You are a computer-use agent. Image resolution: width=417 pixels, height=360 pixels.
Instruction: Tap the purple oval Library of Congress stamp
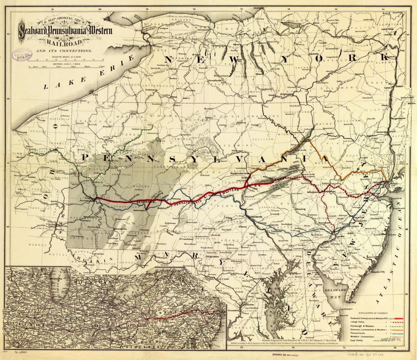point(23,55)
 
